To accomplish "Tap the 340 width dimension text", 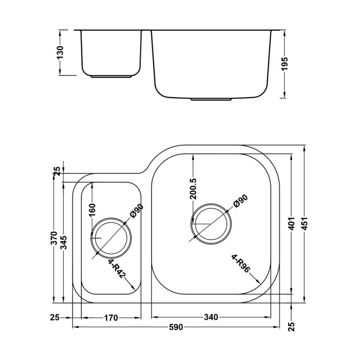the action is click(211, 318).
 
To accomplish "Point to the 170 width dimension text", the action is click(111, 318).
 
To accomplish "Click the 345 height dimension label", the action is click(65, 243).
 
